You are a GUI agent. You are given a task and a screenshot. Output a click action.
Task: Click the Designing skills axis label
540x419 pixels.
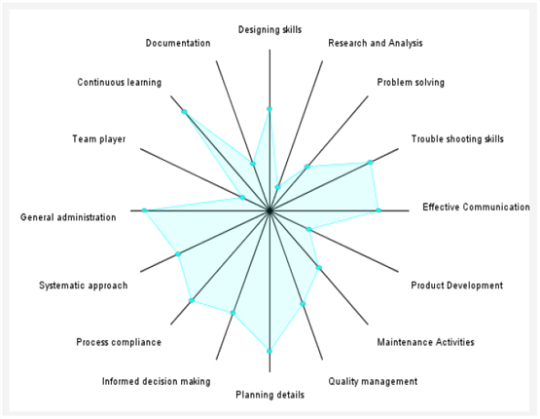pos(270,30)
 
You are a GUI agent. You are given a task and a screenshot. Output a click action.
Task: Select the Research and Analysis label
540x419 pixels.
pos(376,43)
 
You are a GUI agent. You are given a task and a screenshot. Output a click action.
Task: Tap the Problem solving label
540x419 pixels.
pos(411,83)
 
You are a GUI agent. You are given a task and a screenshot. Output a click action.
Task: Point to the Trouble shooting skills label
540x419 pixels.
pos(457,139)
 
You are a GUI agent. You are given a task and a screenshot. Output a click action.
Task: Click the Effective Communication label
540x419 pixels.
pos(477,207)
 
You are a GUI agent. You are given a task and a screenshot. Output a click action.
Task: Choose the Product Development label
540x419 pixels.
pos(456,286)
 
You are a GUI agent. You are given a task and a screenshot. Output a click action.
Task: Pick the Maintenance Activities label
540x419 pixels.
pos(425,342)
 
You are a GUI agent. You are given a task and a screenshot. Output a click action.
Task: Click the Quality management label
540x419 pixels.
pos(373,381)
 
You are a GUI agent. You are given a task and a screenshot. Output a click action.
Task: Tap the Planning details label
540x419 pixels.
pos(270,395)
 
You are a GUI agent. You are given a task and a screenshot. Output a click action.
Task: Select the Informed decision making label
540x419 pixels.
pos(156,381)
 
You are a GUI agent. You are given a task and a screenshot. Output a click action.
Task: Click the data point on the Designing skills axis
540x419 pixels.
pos(270,109)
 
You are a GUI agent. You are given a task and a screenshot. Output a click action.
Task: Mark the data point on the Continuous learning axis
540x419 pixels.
pos(184,111)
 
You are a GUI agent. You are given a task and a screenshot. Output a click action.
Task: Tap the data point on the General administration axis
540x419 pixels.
pos(144,210)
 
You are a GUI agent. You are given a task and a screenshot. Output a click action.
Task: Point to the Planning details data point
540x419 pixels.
pos(270,351)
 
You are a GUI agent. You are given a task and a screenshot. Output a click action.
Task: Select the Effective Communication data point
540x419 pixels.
pos(378,210)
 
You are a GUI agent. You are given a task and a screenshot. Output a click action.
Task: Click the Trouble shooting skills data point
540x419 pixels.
pos(371,162)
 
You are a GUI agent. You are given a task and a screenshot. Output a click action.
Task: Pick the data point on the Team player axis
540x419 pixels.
pos(242,197)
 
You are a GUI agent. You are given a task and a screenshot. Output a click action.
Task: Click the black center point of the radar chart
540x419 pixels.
pos(270,210)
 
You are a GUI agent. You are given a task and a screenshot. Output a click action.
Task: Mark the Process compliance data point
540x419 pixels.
pos(193,300)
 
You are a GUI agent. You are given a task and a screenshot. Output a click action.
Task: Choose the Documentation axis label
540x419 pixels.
pos(178,43)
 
